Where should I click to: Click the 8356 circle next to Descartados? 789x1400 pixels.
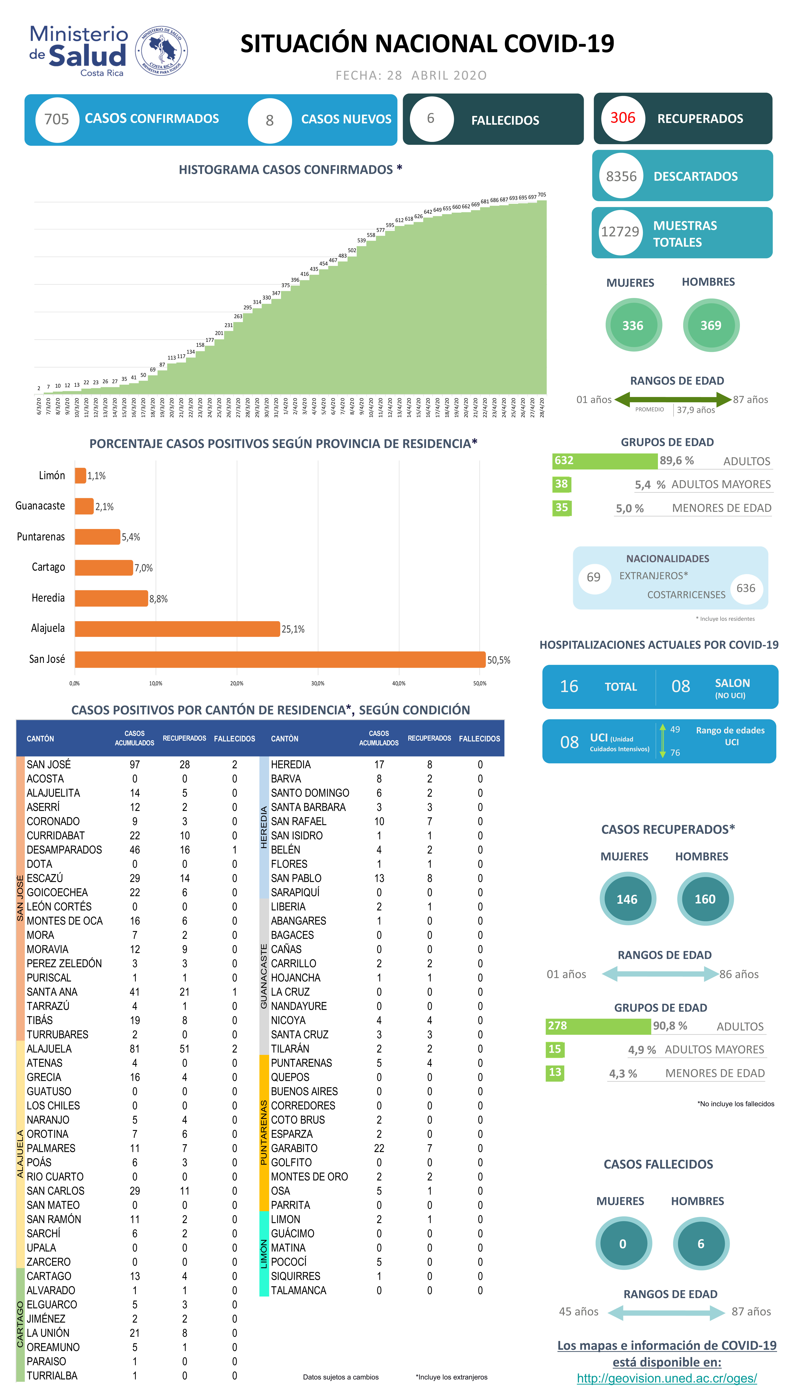[621, 176]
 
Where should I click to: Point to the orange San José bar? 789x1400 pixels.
[280, 659]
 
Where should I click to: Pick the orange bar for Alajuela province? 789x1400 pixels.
[177, 629]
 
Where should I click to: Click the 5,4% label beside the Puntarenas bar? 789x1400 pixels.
[131, 537]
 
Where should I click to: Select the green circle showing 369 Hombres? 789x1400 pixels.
[711, 325]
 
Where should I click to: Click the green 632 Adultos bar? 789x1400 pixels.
[605, 461]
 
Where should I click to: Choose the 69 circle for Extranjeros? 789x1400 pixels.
[594, 577]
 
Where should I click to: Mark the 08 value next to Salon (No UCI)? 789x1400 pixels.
[681, 686]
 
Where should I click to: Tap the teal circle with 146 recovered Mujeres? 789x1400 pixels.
[627, 899]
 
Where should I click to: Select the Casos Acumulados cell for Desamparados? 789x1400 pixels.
[135, 849]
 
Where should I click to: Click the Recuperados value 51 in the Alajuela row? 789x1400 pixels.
[185, 1048]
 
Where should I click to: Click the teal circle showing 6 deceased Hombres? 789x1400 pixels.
[701, 1243]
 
